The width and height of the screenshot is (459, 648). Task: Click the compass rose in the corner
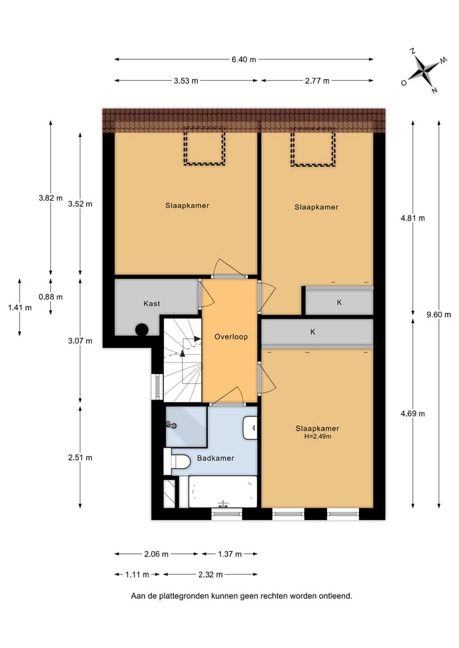coord(423,70)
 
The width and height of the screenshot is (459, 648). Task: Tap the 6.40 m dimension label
coord(244,60)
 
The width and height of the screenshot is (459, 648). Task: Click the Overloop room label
coord(231,336)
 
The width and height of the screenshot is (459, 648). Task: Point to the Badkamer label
coord(215,458)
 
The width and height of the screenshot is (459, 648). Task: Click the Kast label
coord(152,303)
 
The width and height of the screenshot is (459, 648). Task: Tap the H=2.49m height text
coord(317,436)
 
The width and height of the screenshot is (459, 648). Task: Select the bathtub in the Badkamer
coord(222,492)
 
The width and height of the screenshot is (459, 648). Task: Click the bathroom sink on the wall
coord(251,428)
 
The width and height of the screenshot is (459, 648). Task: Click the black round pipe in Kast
coord(142,329)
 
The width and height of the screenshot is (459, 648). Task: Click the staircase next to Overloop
coord(183,360)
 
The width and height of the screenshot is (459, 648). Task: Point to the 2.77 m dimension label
coord(317,81)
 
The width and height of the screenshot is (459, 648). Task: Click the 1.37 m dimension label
coord(229,554)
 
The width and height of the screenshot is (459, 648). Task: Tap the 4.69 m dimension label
coord(412,414)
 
